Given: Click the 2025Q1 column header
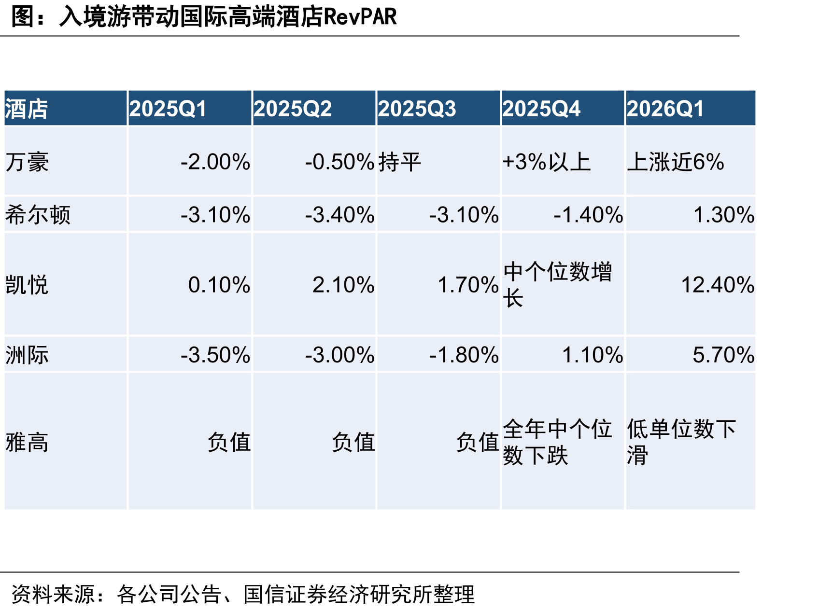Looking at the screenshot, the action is pyautogui.click(x=168, y=109).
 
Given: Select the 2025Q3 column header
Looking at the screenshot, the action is pyautogui.click(x=417, y=109).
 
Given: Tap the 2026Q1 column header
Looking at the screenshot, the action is pyautogui.click(x=665, y=109).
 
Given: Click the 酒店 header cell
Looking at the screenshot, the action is pyautogui.click(x=27, y=109).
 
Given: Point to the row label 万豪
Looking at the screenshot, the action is pyautogui.click(x=27, y=162).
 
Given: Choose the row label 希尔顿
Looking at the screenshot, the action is pyautogui.click(x=38, y=215).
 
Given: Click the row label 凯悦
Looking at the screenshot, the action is pyautogui.click(x=27, y=285).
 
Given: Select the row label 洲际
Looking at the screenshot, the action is pyautogui.click(x=27, y=355).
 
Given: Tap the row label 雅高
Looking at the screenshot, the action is pyautogui.click(x=27, y=442).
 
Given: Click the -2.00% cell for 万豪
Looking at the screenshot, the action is pyautogui.click(x=215, y=162).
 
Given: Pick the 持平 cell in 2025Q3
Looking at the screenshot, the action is pyautogui.click(x=400, y=162).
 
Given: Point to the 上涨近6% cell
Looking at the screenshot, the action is pyautogui.click(x=676, y=162).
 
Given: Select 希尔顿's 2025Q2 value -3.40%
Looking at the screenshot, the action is pyautogui.click(x=339, y=215).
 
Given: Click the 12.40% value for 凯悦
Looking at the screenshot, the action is pyautogui.click(x=718, y=285).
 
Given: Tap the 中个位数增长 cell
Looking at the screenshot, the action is pyautogui.click(x=557, y=285).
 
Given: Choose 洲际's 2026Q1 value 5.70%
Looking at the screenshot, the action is pyautogui.click(x=723, y=355).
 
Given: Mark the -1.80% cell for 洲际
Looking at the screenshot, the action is pyautogui.click(x=464, y=355).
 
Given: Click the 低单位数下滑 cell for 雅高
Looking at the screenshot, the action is pyautogui.click(x=681, y=442).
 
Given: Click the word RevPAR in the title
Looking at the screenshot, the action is pyautogui.click(x=360, y=17).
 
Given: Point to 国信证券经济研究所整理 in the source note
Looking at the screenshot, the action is pyautogui.click(x=359, y=594).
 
